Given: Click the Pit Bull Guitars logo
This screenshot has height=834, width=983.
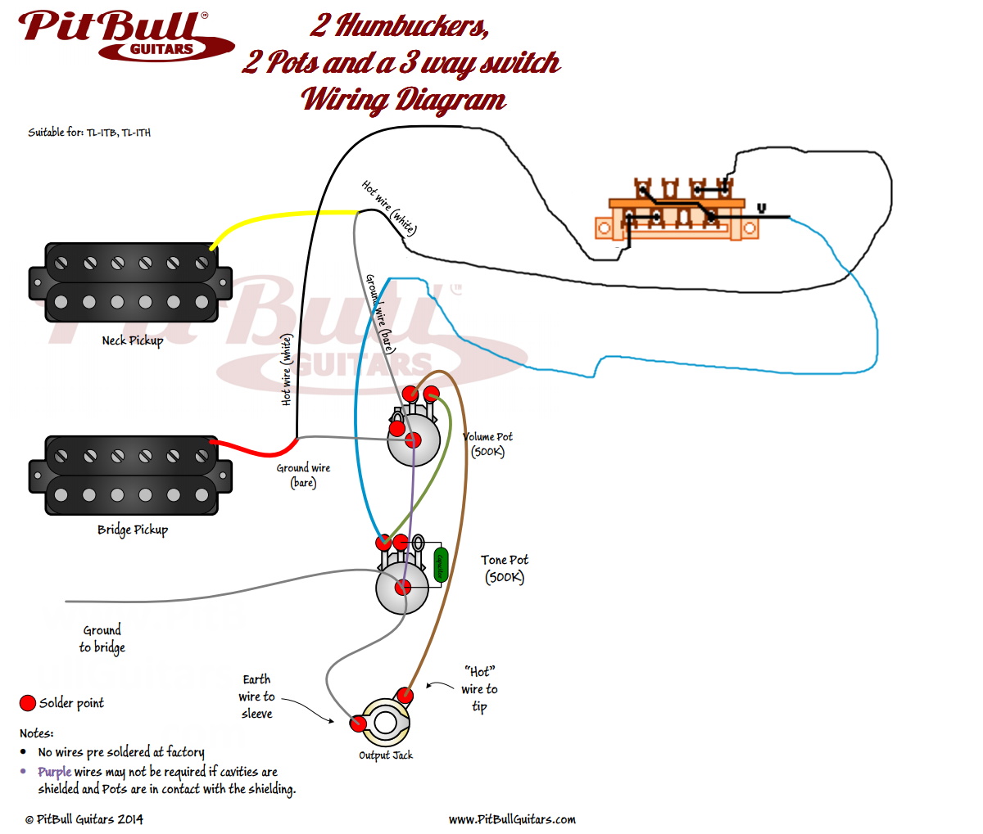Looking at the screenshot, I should [x=123, y=34].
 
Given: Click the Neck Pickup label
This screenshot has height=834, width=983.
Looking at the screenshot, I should [x=132, y=340].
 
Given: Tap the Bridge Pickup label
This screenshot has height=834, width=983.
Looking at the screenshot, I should [x=132, y=530].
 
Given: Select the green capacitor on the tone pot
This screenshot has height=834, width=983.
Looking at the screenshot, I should [x=441, y=565].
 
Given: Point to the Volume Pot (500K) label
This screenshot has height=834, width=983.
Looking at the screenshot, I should [x=488, y=444].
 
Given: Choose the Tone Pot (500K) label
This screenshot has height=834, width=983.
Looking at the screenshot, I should [x=504, y=568].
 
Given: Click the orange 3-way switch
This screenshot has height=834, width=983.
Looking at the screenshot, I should [x=676, y=214].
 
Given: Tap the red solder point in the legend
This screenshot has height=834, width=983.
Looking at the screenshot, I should [x=28, y=703].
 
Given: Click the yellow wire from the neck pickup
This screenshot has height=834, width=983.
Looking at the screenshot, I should [x=279, y=215].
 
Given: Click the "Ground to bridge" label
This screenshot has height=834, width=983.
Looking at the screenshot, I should [x=102, y=638].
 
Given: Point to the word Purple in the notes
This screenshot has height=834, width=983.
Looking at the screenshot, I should [x=54, y=772].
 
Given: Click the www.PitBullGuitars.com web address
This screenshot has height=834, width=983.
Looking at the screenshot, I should [x=512, y=819].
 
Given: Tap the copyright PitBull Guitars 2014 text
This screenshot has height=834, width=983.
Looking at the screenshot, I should [x=84, y=819].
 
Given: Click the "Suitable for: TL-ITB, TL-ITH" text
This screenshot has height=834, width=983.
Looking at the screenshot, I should [x=89, y=133].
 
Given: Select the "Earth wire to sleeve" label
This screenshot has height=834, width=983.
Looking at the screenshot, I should [x=256, y=697].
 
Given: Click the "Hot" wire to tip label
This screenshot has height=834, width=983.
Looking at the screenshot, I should [x=479, y=688].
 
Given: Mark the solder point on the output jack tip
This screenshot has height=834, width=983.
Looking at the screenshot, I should [x=405, y=697].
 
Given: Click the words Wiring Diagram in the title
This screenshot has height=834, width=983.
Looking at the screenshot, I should [x=404, y=100].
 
